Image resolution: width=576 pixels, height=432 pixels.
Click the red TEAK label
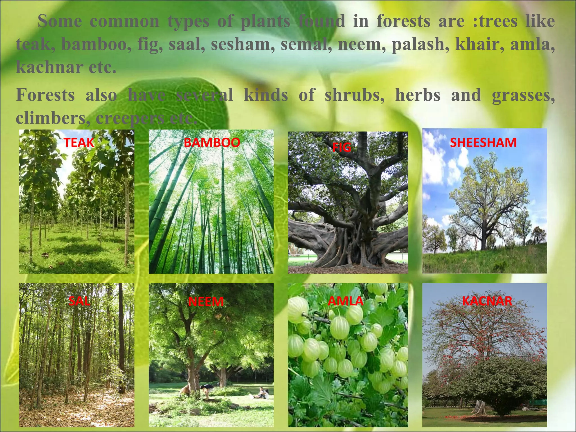click(79, 143)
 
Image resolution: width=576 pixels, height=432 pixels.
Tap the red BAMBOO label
click(212, 143)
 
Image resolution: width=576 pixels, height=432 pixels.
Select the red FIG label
click(342, 147)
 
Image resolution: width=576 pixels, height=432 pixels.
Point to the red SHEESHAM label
click(483, 143)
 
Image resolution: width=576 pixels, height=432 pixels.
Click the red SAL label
click(80, 301)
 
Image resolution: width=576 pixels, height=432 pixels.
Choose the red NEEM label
click(206, 302)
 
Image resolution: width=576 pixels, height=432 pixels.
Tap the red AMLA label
click(346, 301)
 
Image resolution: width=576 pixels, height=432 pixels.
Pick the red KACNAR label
click(487, 301)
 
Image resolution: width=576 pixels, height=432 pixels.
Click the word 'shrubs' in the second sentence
click(355, 95)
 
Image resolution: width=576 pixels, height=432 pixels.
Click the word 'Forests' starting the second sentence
click(45, 95)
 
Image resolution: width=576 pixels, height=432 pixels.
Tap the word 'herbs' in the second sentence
click(418, 95)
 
